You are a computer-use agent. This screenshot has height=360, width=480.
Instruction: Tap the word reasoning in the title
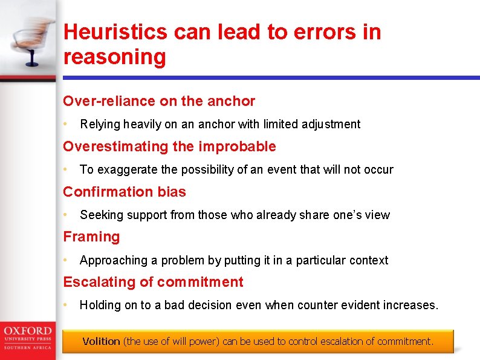(x=114, y=57)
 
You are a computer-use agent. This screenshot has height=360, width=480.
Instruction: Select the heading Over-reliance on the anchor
(x=159, y=101)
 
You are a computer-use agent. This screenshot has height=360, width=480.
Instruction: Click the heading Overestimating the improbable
(x=169, y=146)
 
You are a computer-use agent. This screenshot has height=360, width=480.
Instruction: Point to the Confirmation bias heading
(x=125, y=192)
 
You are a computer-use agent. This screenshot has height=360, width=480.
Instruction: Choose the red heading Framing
(x=91, y=237)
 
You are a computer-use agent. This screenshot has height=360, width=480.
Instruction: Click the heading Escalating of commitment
(x=153, y=282)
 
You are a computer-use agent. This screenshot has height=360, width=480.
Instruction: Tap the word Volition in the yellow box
(x=101, y=341)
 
